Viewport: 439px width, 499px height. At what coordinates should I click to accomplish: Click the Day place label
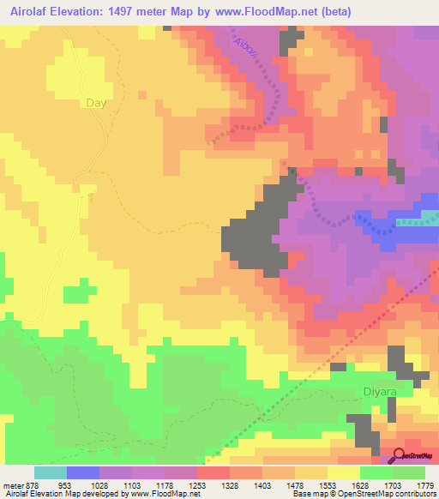96,102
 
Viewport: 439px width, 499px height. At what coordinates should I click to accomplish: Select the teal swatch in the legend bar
50,472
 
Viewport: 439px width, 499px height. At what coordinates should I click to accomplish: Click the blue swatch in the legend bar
82,472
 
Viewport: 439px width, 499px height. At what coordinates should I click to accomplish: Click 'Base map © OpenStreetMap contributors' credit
364,494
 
